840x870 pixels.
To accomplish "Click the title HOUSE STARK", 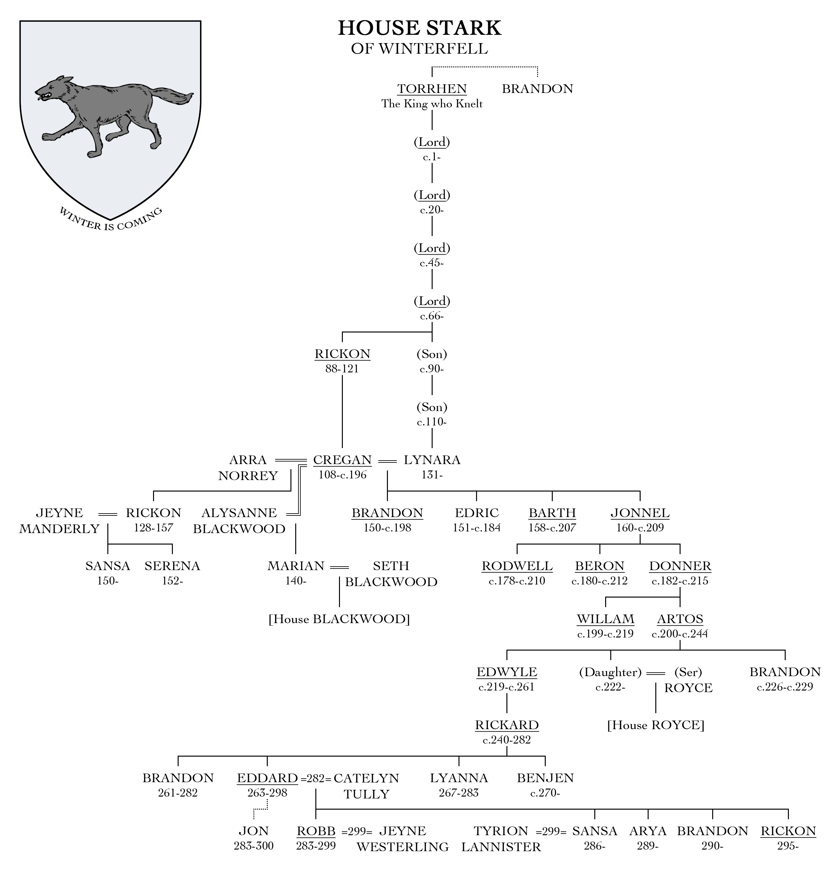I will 419,28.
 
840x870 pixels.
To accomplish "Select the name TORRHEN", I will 432,89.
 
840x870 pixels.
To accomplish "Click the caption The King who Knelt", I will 432,104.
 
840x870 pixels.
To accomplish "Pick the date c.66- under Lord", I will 432,316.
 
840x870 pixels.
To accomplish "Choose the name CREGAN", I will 342,460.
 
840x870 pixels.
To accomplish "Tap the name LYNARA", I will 432,460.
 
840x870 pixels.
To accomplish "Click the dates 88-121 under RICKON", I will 342,369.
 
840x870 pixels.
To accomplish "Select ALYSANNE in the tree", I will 239,513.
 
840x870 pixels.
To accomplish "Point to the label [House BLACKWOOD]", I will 339,619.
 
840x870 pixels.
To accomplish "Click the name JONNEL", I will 640,513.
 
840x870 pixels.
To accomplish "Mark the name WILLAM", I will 605,619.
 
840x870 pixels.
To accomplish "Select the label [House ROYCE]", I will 656,725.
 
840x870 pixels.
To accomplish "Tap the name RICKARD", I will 506,725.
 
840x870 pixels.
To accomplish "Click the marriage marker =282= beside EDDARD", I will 316,779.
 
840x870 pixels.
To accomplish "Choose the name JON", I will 253,831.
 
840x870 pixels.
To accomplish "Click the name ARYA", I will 648,831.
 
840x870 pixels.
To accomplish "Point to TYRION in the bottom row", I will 501,831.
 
